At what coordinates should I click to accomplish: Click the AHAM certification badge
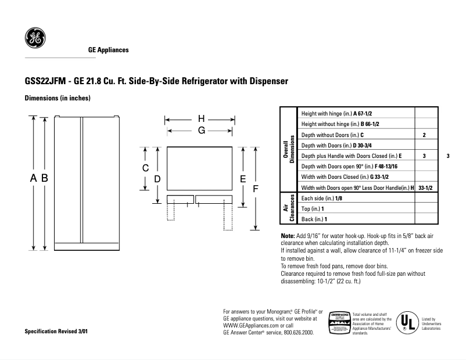tap(339, 323)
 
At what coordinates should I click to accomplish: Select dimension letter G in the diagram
tap(201, 131)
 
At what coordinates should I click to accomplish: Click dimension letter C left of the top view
tap(146, 168)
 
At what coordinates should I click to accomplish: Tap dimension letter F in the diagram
tap(255, 189)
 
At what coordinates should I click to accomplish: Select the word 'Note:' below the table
tap(288, 235)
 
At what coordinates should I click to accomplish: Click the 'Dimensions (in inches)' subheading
tap(57, 98)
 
